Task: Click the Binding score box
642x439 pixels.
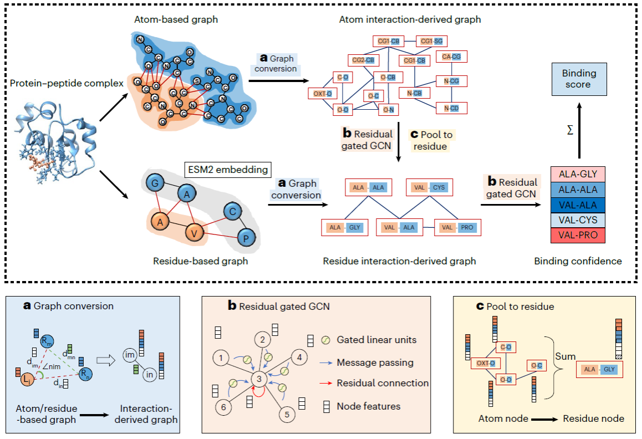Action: (x=579, y=79)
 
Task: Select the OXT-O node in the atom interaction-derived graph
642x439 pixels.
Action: (x=323, y=94)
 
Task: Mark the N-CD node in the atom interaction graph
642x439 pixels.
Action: (x=451, y=107)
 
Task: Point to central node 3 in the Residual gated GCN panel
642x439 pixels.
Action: (x=258, y=378)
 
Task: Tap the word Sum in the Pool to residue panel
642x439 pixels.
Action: (x=565, y=356)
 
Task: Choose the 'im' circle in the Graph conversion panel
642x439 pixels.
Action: (x=131, y=355)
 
